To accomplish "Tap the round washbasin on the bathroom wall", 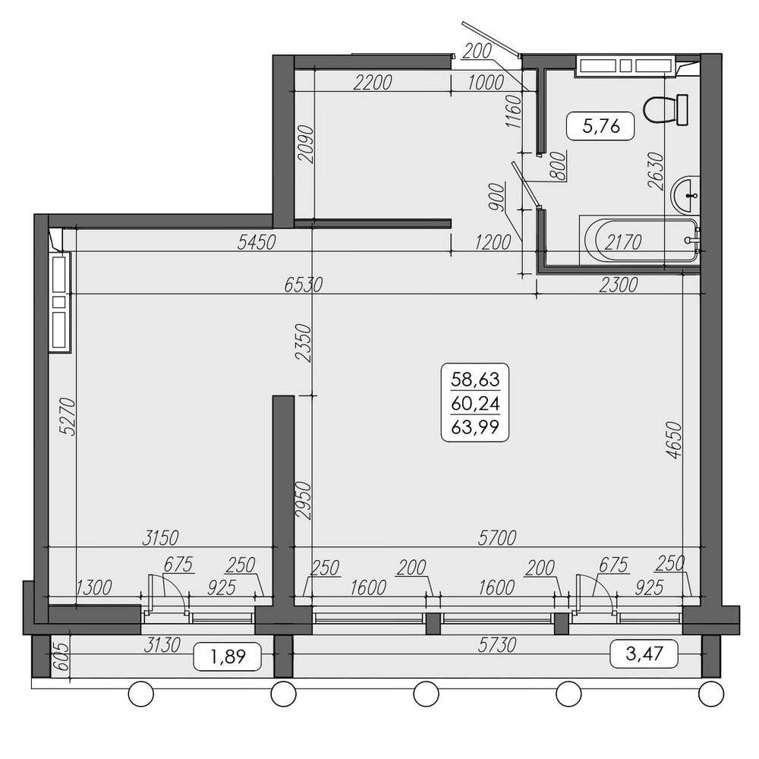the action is pos(685,194).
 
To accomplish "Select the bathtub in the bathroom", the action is pos(639,241).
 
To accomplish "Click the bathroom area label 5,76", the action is pos(601,126).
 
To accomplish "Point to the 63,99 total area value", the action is pos(475,427).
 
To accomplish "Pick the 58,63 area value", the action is pos(475,379).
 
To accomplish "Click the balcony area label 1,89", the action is pos(228,657).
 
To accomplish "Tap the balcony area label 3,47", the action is pos(644,654).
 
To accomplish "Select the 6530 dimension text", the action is pos(303,285).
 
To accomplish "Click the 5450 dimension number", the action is pos(256,242).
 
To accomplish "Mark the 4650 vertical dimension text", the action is pos(673,440).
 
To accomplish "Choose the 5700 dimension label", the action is pos(496,538).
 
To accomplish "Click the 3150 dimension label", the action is pos(160,538).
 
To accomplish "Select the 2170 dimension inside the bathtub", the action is pos(623,242).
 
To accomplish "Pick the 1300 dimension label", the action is pos(94,587).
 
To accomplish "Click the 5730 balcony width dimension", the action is pos(496,644).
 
